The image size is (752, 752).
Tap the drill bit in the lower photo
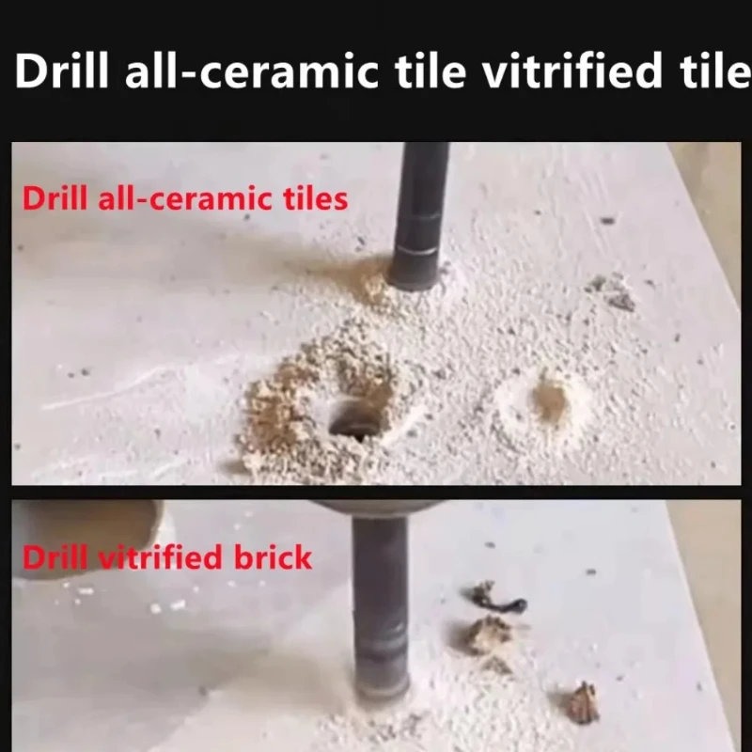coord(380,611)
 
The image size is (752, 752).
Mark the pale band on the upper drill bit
coord(415,249)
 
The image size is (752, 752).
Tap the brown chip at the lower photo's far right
coord(582,703)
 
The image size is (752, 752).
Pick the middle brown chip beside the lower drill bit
coord(489,636)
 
